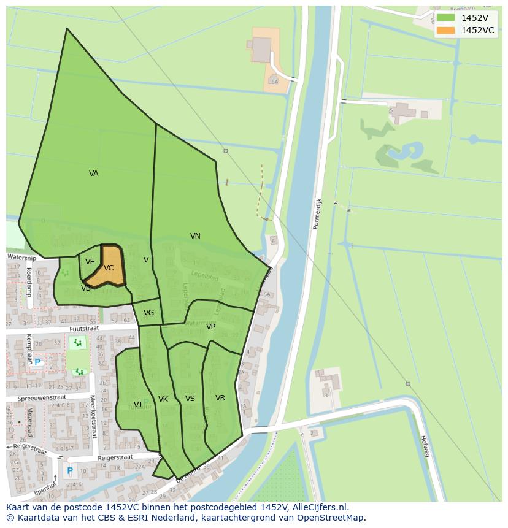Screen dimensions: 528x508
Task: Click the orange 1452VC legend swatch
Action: coord(446,30)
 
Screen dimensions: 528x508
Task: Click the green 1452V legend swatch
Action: coord(446,18)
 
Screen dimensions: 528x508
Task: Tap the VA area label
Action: coord(93,174)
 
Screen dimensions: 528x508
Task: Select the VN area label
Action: coord(195,236)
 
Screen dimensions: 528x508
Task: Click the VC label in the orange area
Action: coord(109,268)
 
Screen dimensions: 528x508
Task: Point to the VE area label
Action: coord(90,262)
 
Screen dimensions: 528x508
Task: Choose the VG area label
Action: coord(148,313)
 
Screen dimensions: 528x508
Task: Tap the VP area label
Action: coord(210,327)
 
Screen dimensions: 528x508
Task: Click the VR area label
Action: coord(220,398)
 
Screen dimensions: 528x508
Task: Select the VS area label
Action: coord(190,399)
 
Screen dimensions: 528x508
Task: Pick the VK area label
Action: coord(163,399)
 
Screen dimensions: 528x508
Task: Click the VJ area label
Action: coord(137,404)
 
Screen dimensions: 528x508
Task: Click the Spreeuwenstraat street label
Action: coord(42,398)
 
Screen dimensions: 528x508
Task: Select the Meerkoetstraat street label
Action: coord(93,416)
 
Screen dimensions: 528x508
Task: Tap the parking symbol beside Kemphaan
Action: coord(37,362)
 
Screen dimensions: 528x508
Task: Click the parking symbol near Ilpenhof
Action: coord(70,471)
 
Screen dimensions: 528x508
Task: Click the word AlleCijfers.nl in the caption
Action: coord(319,507)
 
